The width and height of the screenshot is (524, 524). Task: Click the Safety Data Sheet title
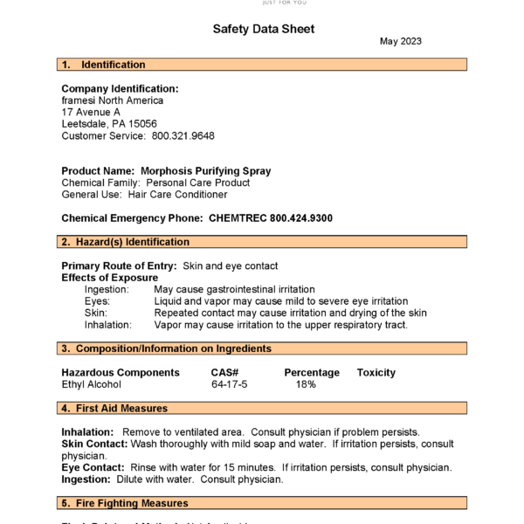point(263,29)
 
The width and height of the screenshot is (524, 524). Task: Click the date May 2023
point(400,41)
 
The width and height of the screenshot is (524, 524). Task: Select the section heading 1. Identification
point(103,65)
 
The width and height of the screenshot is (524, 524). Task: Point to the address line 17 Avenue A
point(91,112)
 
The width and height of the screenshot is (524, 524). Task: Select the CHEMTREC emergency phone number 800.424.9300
point(300,218)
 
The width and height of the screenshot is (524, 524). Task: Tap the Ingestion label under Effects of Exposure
point(107,289)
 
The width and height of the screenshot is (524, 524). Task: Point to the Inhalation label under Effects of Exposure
point(107,325)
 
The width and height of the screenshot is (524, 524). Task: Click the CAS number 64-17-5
point(229,384)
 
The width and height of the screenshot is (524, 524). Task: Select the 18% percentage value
point(306,384)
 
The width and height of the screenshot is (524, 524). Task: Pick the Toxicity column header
point(376,373)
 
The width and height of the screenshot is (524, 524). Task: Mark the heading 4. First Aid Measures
point(114,408)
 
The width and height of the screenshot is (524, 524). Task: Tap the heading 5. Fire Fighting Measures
point(124,503)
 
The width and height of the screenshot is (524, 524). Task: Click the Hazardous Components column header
point(121,373)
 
